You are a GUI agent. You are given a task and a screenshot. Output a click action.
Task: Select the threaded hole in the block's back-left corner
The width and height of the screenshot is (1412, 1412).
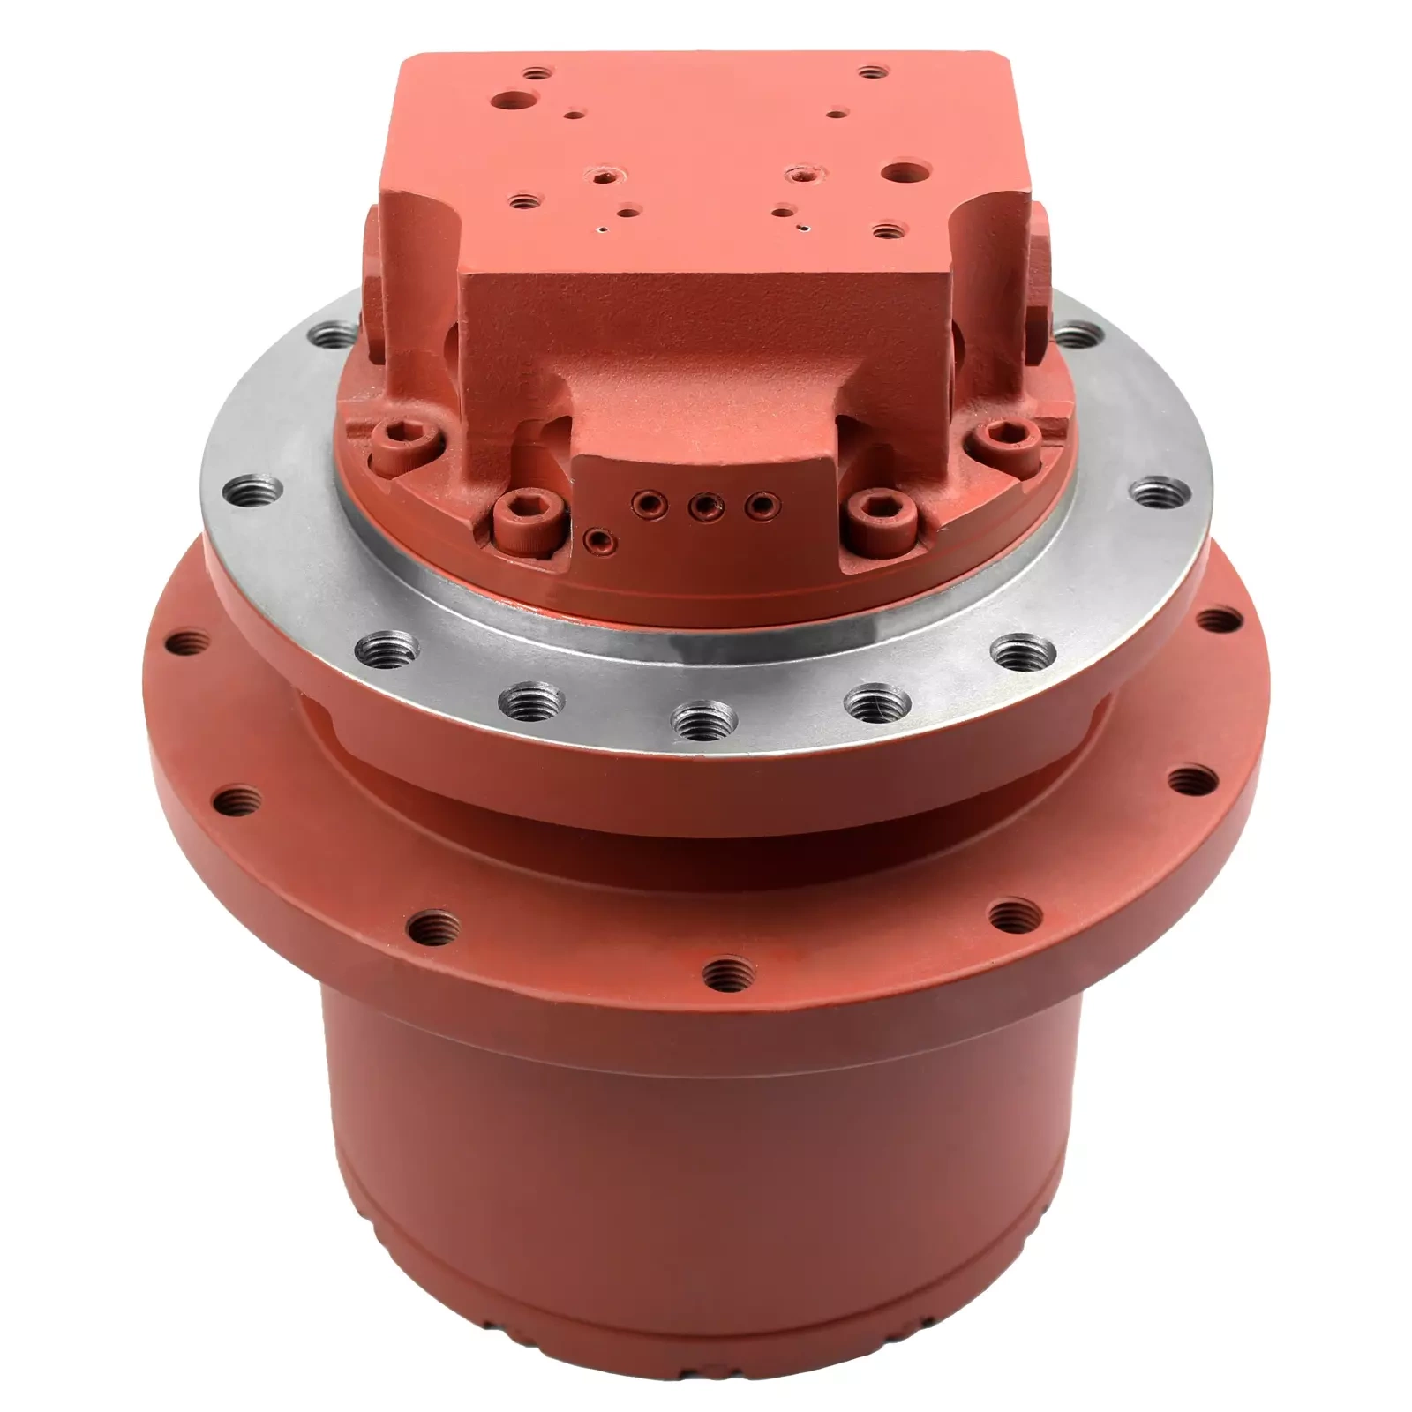click(x=537, y=74)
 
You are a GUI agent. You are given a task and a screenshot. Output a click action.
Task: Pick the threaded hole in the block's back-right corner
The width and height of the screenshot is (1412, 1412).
click(x=873, y=72)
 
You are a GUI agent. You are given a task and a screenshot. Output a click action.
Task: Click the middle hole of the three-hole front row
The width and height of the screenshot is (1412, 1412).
click(x=703, y=506)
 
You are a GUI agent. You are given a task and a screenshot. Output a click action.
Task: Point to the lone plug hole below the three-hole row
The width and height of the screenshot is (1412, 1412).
click(x=599, y=537)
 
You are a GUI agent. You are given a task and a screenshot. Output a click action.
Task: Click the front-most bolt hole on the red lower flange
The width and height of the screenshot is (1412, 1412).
click(x=729, y=974)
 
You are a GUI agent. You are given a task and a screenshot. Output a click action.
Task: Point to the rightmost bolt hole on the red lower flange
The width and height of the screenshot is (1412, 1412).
click(x=1220, y=620)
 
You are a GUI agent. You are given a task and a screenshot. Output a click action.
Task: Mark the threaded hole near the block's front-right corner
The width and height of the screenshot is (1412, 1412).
click(x=887, y=232)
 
